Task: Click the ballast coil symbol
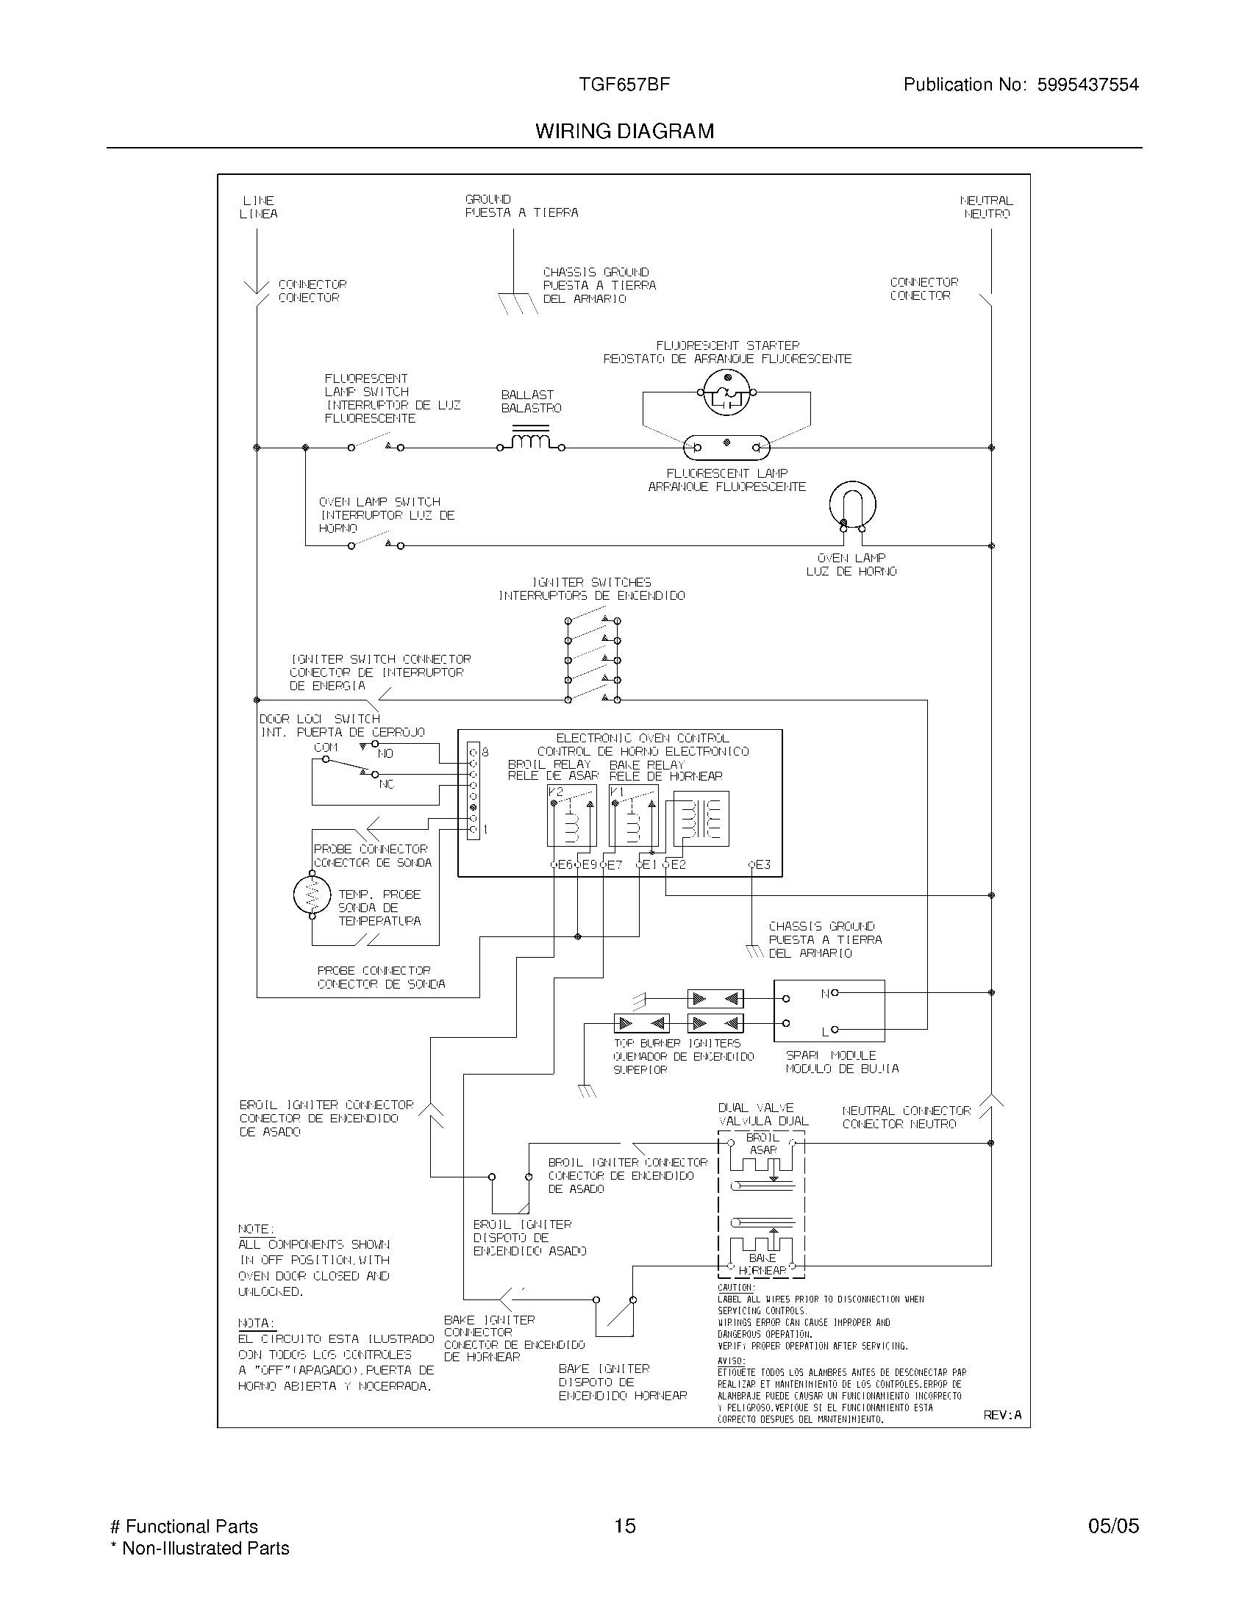pyautogui.click(x=530, y=441)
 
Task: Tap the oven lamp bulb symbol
pyautogui.click(x=852, y=505)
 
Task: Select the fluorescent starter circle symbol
pyautogui.click(x=726, y=393)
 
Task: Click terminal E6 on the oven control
pyautogui.click(x=554, y=864)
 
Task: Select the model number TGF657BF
pyautogui.click(x=624, y=85)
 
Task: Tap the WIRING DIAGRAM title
pyautogui.click(x=624, y=131)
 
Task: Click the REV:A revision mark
pyautogui.click(x=1001, y=1415)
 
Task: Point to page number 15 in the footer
pyautogui.click(x=624, y=1526)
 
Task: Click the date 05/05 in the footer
pyautogui.click(x=1112, y=1526)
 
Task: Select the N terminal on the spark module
pyautogui.click(x=834, y=993)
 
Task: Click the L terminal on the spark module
pyautogui.click(x=834, y=1030)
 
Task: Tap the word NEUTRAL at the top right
pyautogui.click(x=985, y=201)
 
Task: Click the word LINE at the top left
pyautogui.click(x=258, y=201)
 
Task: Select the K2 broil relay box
pyautogui.click(x=571, y=816)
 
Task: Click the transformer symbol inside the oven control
pyautogui.click(x=701, y=818)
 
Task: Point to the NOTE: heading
pyautogui.click(x=255, y=1229)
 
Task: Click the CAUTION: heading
pyautogui.click(x=735, y=1288)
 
